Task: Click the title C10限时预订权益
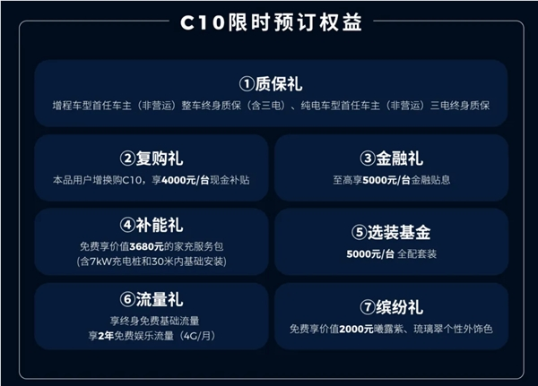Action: point(268,22)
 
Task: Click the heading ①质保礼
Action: point(270,84)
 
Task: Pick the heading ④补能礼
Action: point(150,225)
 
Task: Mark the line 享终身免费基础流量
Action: point(150,321)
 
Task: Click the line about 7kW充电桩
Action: point(150,261)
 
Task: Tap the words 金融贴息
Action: point(429,180)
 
